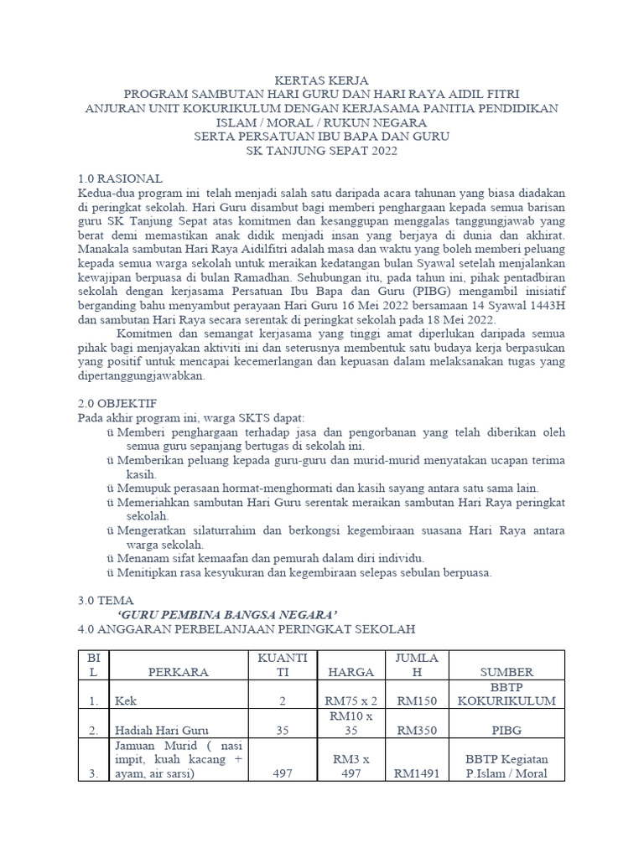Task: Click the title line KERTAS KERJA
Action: pos(322,80)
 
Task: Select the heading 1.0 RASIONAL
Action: pos(120,179)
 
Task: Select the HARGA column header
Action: pos(351,672)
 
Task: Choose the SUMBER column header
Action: pos(506,672)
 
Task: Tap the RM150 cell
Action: pos(417,700)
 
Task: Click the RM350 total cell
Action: pos(417,730)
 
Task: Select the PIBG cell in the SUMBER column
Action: pos(506,730)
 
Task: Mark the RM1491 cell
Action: pos(417,773)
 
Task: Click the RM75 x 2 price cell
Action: pos(351,700)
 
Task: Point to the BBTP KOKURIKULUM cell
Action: pos(506,693)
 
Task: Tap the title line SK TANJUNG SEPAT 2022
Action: pos(322,151)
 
